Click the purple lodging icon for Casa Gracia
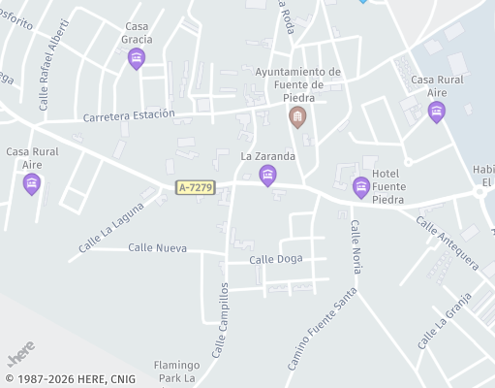pyautogui.click(x=137, y=60)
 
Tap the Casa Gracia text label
pyautogui.click(x=138, y=33)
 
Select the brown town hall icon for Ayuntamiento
pyautogui.click(x=297, y=118)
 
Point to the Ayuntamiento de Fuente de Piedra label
pyautogui.click(x=297, y=84)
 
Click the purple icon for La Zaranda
pyautogui.click(x=267, y=175)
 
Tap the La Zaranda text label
pyautogui.click(x=267, y=155)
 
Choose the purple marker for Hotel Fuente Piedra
pyautogui.click(x=361, y=188)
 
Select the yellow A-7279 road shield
pyautogui.click(x=195, y=187)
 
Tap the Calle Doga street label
pyautogui.click(x=276, y=259)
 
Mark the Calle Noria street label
pyautogui.click(x=356, y=246)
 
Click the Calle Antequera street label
pyautogui.click(x=447, y=242)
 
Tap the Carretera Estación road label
pyautogui.click(x=130, y=114)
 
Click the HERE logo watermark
pyautogui.click(x=21, y=347)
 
